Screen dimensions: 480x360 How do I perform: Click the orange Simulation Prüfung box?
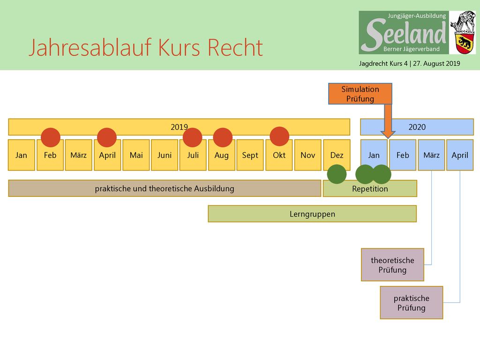pos(360,94)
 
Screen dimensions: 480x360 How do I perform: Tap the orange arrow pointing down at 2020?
pos(388,121)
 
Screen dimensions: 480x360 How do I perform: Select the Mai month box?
pos(136,155)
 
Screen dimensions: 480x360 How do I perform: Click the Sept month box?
pos(250,155)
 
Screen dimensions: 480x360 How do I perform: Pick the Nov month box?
pos(307,155)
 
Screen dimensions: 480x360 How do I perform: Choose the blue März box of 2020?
pos(431,155)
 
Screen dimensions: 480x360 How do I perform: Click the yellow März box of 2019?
pos(78,155)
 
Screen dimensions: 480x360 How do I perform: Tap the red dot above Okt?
pos(279,136)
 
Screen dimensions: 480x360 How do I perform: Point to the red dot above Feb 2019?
pos(51,137)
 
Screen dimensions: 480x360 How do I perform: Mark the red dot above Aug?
pos(223,137)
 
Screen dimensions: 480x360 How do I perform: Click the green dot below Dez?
pos(337,174)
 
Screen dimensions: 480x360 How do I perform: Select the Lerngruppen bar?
pos(312,214)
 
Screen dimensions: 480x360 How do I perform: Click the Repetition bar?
pos(370,188)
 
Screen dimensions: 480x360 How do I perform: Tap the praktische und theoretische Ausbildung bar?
pos(165,188)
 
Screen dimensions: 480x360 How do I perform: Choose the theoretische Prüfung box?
pos(392,265)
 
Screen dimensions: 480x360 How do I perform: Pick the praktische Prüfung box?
pos(412,303)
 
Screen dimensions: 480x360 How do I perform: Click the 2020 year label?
pos(417,127)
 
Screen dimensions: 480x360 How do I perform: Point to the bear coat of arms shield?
pos(465,44)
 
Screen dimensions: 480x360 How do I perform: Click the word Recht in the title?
pos(235,48)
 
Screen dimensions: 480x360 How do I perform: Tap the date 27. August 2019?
pos(436,64)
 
